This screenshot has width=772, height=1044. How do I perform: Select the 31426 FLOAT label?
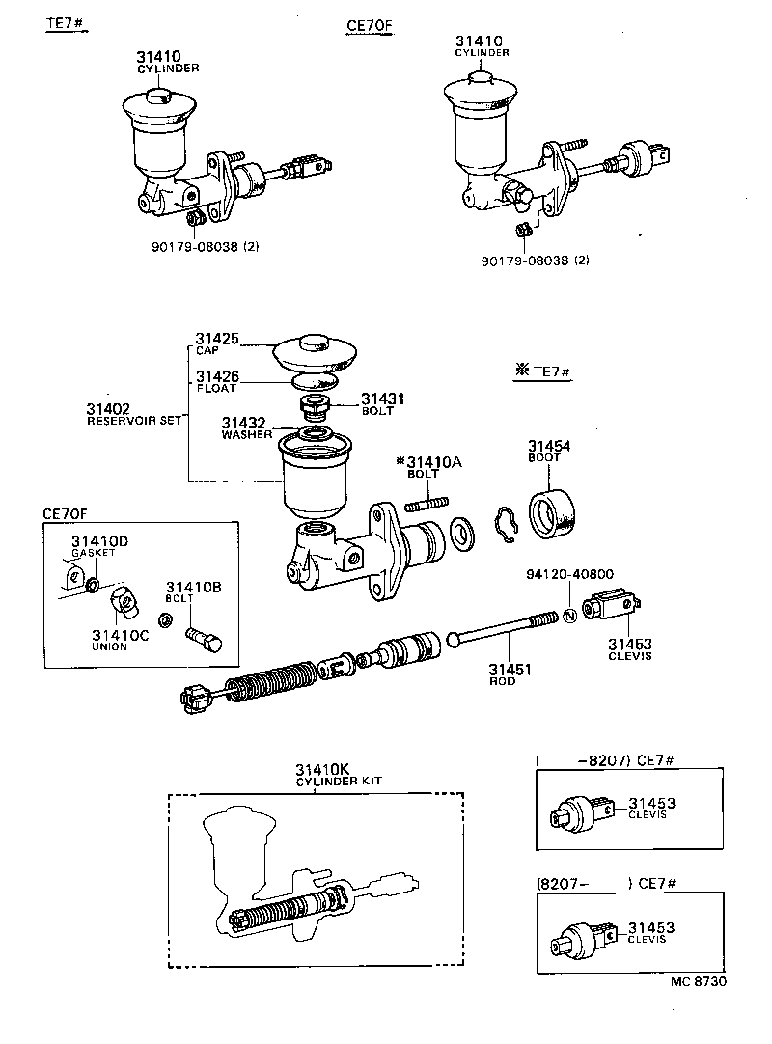coord(217,381)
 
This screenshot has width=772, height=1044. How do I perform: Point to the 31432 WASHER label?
coord(245,427)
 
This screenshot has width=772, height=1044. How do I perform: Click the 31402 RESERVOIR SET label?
coord(133,414)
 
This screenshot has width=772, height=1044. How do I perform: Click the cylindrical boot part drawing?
coord(556,511)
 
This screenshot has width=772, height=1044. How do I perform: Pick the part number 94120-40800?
coord(569,573)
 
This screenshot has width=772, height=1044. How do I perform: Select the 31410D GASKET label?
coord(93,546)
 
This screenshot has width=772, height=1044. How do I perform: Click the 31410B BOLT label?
coord(193,591)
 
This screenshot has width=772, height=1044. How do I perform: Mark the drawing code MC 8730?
coord(698,981)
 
